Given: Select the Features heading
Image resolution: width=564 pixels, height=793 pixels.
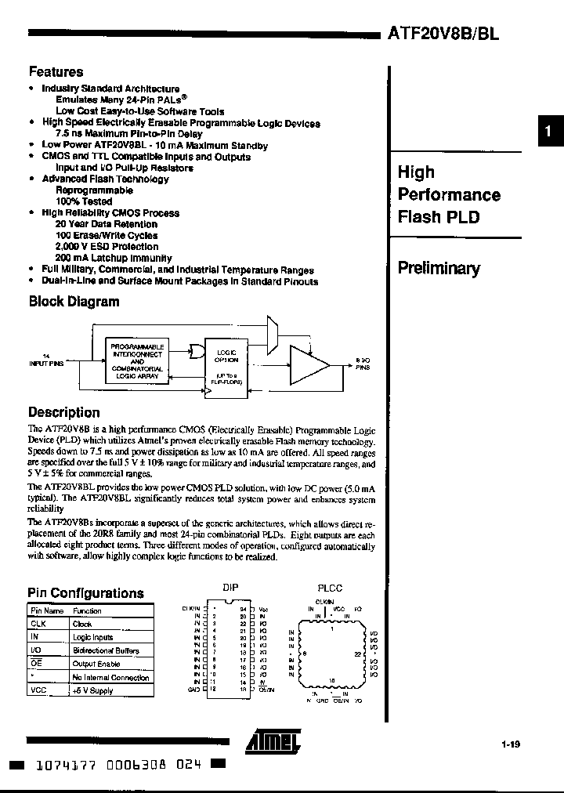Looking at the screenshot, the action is (x=56, y=71).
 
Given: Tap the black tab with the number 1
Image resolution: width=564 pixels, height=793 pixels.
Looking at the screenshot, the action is (x=549, y=132).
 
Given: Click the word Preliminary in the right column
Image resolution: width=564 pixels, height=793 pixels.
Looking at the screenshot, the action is (x=439, y=269).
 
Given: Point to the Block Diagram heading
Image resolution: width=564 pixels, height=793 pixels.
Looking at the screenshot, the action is (x=74, y=302).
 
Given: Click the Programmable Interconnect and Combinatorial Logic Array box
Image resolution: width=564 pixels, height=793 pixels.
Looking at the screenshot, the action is (x=137, y=361).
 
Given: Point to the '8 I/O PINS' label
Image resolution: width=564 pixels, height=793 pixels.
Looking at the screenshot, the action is (x=362, y=363).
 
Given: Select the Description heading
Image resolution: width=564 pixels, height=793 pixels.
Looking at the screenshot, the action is (x=64, y=412).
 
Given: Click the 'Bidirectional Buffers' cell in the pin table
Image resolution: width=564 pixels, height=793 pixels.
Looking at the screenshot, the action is (x=106, y=650).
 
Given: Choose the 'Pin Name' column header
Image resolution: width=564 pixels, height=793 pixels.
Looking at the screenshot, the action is (x=46, y=610).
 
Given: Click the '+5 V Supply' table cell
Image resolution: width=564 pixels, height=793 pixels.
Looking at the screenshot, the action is (x=93, y=690).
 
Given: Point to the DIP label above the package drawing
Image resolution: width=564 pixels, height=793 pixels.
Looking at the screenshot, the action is (x=230, y=588).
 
